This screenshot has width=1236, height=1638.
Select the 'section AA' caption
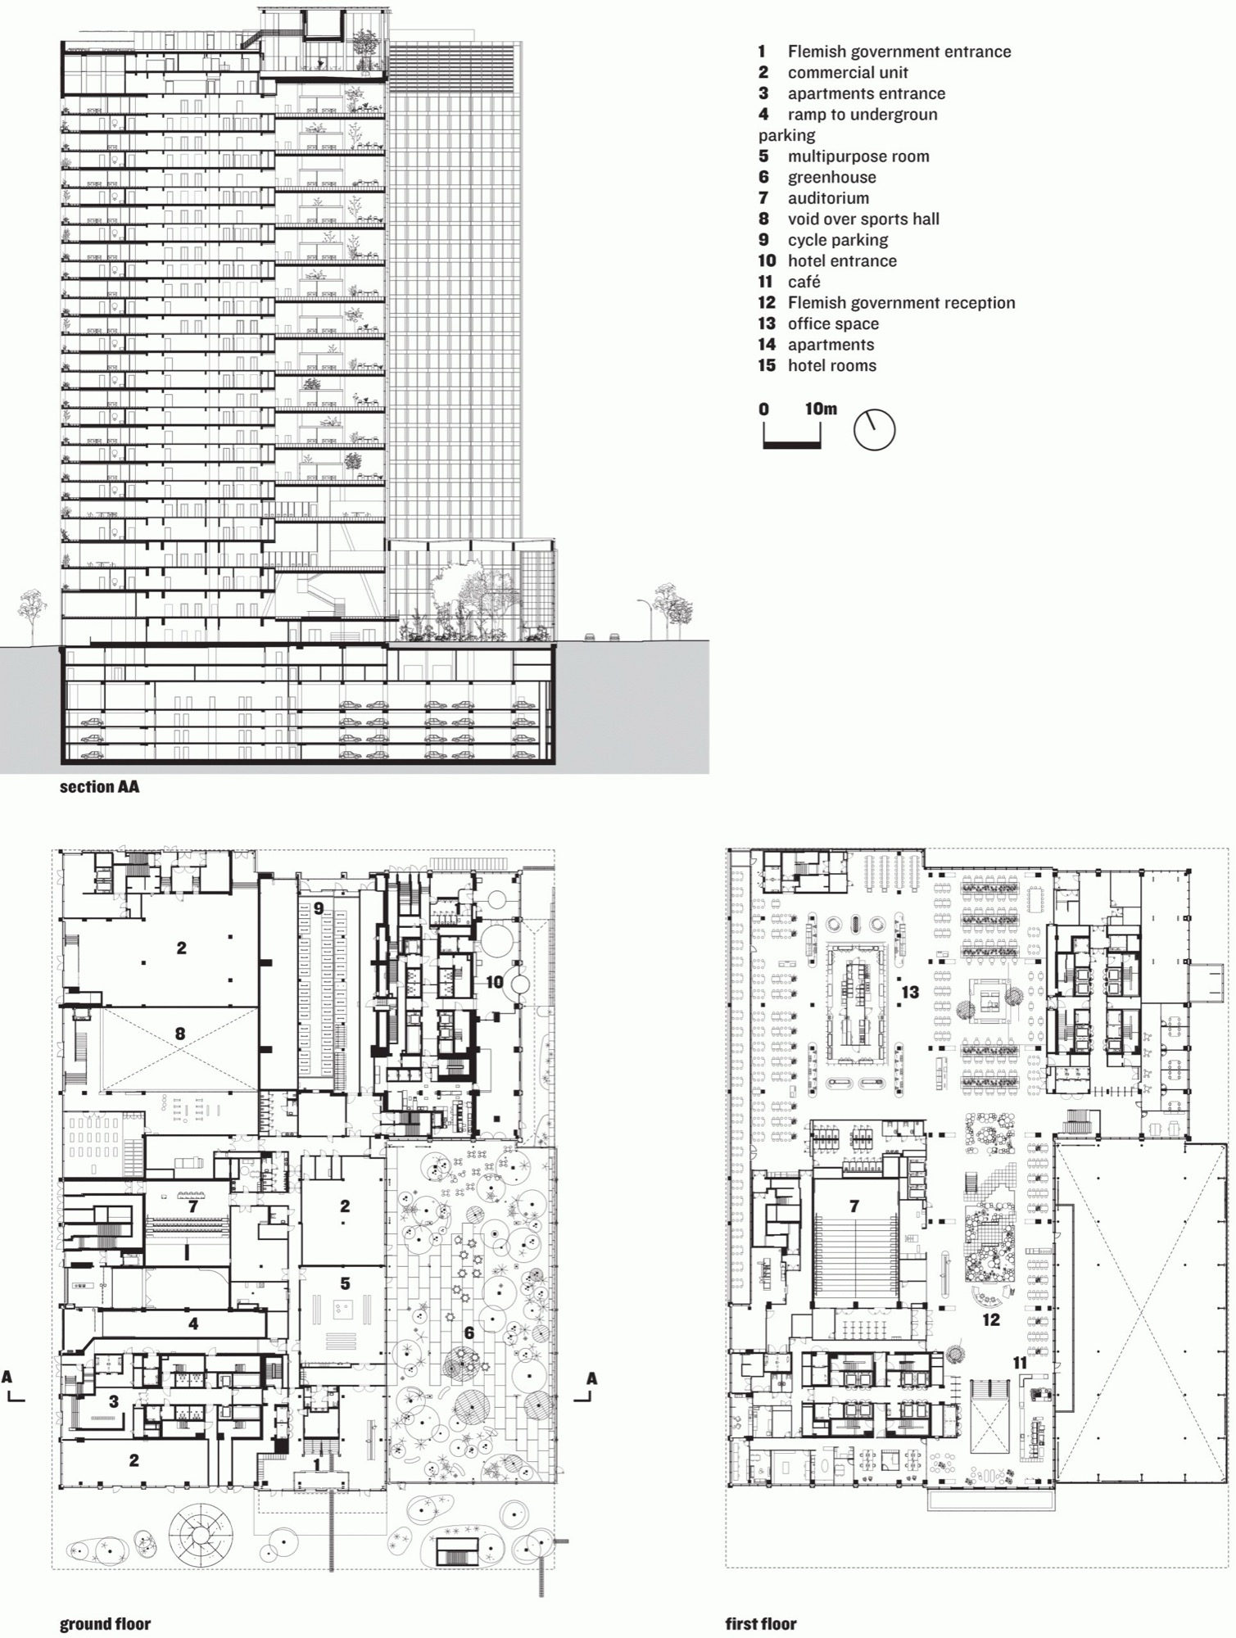coord(99,786)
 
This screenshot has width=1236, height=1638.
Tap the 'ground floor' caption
coord(105,1623)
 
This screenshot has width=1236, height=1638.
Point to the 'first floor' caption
coord(761,1623)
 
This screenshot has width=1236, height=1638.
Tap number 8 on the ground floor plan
coord(180,1034)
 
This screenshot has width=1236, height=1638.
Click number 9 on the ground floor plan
coord(319,907)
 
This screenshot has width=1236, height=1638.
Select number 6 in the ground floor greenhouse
coord(469,1333)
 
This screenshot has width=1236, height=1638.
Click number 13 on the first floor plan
coord(910,992)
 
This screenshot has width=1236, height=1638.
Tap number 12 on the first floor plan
coord(991,1319)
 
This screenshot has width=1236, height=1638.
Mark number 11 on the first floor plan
coord(1019,1363)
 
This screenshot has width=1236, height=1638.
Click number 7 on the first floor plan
coord(854,1206)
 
